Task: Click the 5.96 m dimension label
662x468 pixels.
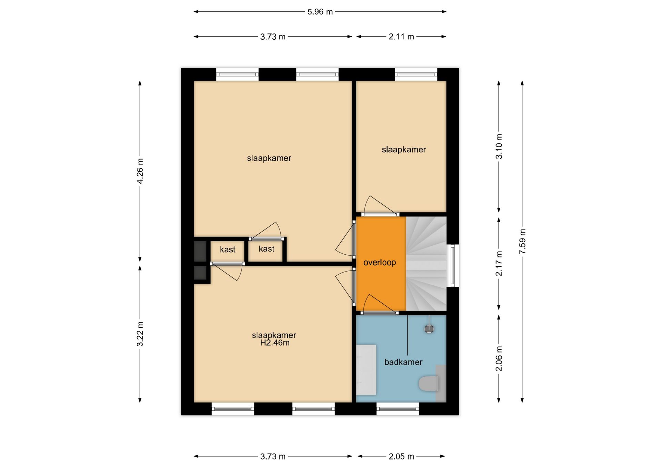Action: pyautogui.click(x=320, y=12)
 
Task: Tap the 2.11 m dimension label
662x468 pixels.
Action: pyautogui.click(x=401, y=37)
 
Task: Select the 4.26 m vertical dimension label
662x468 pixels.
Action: pyautogui.click(x=140, y=171)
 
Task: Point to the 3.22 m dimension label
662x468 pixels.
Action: pyautogui.click(x=140, y=334)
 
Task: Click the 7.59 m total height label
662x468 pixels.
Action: pyautogui.click(x=522, y=242)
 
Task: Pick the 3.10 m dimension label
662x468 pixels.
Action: pyautogui.click(x=499, y=146)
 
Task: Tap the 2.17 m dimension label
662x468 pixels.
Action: pyautogui.click(x=499, y=264)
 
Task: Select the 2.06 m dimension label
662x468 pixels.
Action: pyautogui.click(x=499, y=359)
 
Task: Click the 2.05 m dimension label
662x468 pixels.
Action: pyautogui.click(x=401, y=456)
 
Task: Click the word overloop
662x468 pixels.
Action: pyautogui.click(x=380, y=263)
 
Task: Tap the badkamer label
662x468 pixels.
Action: pyautogui.click(x=403, y=362)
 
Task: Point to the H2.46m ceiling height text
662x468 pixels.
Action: pyautogui.click(x=275, y=343)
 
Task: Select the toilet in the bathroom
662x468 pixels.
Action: pyautogui.click(x=429, y=384)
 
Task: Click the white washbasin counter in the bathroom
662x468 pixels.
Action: pyautogui.click(x=366, y=370)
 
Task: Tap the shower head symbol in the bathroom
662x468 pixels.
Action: pyautogui.click(x=429, y=328)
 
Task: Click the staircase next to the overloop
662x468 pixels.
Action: pyautogui.click(x=426, y=264)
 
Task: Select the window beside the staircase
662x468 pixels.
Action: pyautogui.click(x=453, y=265)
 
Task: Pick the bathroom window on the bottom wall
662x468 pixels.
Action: pyautogui.click(x=398, y=409)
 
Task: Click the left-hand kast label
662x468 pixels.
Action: pyautogui.click(x=228, y=250)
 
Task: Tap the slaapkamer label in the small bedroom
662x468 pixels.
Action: pyautogui.click(x=404, y=150)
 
